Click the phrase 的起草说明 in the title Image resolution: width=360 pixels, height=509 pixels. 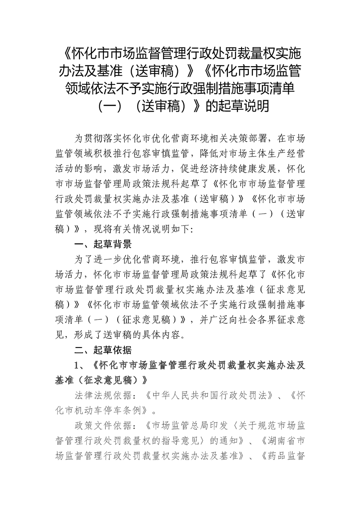pos(238,106)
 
